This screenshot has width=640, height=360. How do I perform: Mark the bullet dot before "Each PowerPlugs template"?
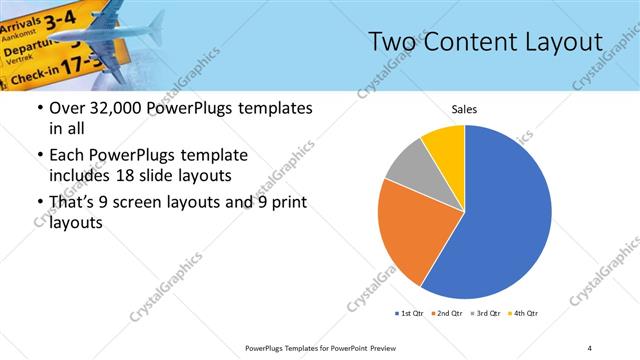(x=38, y=156)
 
